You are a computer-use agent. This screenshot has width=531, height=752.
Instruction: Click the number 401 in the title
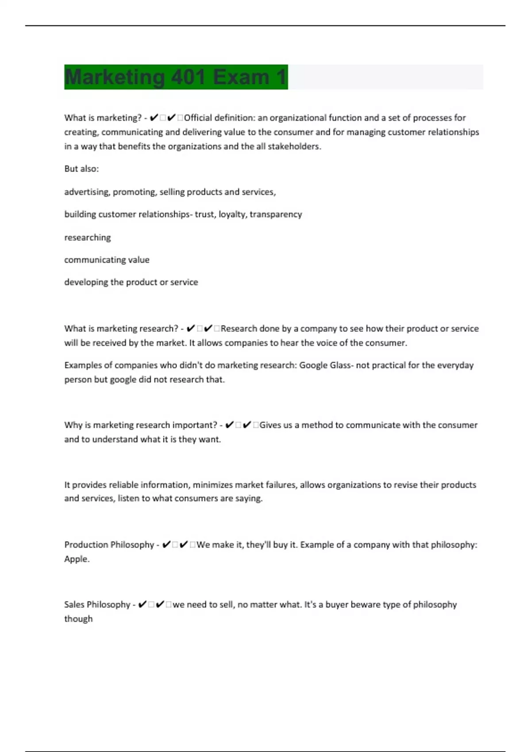(x=189, y=77)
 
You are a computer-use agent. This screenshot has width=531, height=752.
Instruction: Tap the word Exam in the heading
(x=241, y=77)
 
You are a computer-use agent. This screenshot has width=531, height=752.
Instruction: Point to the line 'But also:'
(x=81, y=169)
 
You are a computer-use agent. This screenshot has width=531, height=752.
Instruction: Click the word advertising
(x=87, y=192)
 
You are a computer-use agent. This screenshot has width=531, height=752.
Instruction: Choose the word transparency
(x=276, y=215)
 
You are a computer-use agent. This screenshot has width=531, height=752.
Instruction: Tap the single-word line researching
(x=88, y=238)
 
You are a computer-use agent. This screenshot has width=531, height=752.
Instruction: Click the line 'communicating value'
(x=107, y=260)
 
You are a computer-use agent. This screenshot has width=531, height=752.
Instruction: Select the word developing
(x=86, y=282)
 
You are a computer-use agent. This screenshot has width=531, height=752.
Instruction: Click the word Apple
(x=77, y=559)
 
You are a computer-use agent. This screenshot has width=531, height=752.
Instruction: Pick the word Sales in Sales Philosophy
(x=74, y=604)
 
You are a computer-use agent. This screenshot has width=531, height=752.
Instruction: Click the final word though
(x=78, y=619)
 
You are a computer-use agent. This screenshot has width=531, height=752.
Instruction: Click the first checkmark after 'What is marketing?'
(x=154, y=118)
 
